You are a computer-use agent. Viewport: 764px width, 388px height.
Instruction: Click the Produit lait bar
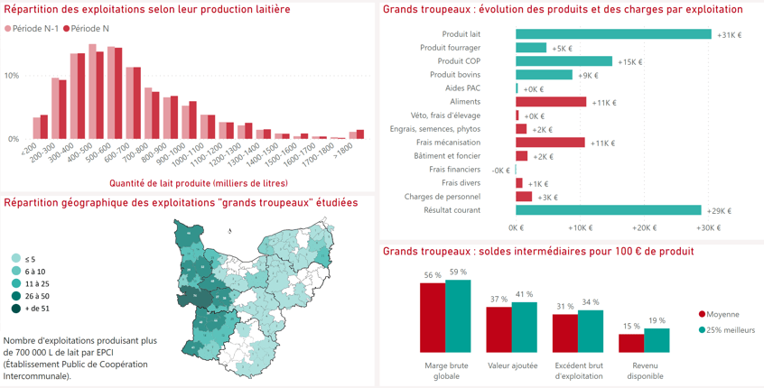click(x=613, y=34)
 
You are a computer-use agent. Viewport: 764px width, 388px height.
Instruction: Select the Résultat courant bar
click(x=609, y=210)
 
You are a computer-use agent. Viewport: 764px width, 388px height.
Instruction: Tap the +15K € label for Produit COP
click(x=630, y=62)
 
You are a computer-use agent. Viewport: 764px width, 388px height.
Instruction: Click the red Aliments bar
click(x=551, y=102)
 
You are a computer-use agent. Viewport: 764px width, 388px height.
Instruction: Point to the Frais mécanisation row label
click(x=448, y=143)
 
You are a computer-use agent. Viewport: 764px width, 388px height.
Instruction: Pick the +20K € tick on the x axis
click(x=644, y=227)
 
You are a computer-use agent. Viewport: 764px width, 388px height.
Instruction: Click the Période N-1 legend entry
click(x=32, y=29)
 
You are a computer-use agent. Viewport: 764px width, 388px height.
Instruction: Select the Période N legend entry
click(x=86, y=29)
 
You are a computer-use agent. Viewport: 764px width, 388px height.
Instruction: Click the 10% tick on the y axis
click(x=12, y=76)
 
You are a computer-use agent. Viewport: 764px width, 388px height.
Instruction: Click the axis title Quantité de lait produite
click(x=199, y=183)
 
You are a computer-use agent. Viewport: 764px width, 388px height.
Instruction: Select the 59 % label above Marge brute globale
click(x=458, y=273)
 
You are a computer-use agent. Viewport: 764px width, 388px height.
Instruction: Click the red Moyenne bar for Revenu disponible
click(x=631, y=343)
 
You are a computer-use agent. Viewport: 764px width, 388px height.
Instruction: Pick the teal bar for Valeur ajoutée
click(x=525, y=328)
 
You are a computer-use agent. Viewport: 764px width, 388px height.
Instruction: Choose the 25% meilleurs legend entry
click(x=727, y=330)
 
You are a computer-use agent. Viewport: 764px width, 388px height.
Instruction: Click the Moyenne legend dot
click(x=702, y=315)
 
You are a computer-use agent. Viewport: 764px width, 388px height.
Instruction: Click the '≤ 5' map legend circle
click(x=16, y=259)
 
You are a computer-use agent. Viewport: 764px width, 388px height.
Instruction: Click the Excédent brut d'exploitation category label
click(x=579, y=371)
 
